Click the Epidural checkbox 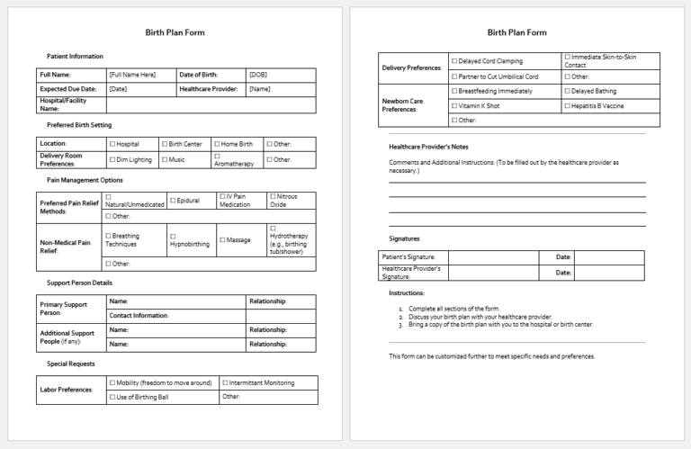point(172,200)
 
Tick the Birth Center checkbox point(165,144)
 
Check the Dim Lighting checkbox point(112,160)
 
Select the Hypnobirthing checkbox point(172,236)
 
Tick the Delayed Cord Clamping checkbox point(454,61)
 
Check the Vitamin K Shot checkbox point(454,105)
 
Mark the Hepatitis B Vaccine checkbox point(568,105)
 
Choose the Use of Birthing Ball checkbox point(112,397)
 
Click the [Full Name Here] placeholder point(132,75)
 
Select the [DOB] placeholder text point(257,75)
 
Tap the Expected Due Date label point(66,89)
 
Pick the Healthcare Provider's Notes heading point(428,147)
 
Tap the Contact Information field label point(139,316)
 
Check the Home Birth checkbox point(217,144)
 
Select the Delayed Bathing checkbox point(568,91)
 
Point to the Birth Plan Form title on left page point(175,32)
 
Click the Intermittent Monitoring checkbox point(225,382)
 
